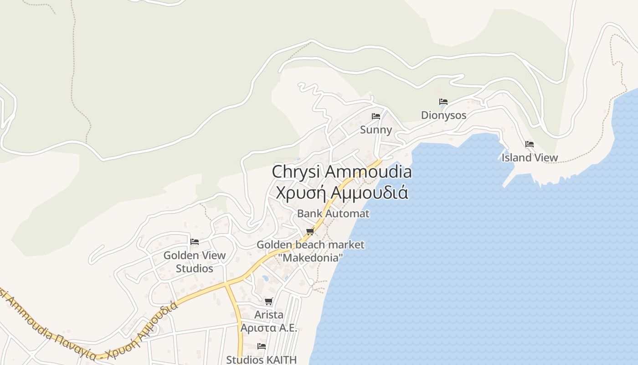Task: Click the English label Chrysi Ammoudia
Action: click(342, 172)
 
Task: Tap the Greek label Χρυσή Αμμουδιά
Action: click(342, 192)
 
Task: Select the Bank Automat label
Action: click(333, 213)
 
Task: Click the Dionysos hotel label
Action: click(443, 115)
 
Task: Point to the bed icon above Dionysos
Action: click(443, 102)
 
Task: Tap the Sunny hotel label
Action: click(376, 130)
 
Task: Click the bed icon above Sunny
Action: click(376, 116)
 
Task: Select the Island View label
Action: click(530, 157)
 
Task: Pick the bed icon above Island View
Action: click(530, 144)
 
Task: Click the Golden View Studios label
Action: click(195, 261)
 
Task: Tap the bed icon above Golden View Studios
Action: click(195, 242)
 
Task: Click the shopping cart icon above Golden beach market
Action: click(310, 232)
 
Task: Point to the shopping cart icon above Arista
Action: click(269, 302)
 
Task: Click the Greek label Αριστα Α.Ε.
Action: click(269, 328)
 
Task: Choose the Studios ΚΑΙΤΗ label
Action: click(262, 360)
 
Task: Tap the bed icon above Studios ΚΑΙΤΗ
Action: click(262, 346)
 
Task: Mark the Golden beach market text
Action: click(310, 245)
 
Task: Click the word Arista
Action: click(269, 315)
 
